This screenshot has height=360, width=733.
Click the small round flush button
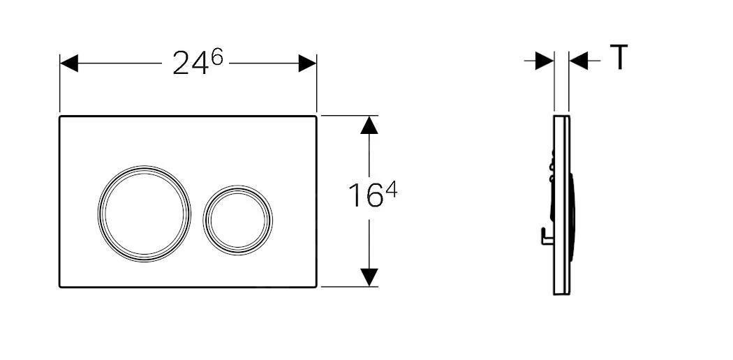[237, 219]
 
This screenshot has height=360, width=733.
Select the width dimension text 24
[190, 65]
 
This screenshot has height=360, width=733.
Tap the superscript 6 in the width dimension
[217, 58]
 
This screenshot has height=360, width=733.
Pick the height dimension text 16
[365, 197]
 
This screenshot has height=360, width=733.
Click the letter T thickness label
[619, 57]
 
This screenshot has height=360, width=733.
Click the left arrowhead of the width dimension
[68, 64]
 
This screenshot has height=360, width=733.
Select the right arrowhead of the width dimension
[307, 64]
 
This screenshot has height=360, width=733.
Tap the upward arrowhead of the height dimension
[369, 126]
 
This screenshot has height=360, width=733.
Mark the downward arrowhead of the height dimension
[369, 276]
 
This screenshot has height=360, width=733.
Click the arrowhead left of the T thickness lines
[545, 62]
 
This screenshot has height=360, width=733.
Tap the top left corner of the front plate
[61, 117]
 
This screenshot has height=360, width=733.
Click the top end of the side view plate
[561, 117]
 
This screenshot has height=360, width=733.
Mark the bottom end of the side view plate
[561, 292]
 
